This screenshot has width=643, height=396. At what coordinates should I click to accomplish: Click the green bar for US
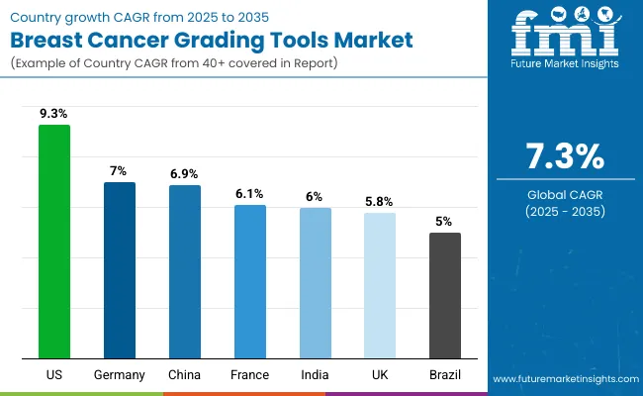(54, 242)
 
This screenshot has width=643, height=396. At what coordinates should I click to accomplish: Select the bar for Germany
(120, 269)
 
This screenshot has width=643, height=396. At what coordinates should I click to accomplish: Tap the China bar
(185, 271)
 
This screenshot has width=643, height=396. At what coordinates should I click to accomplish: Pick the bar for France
(250, 281)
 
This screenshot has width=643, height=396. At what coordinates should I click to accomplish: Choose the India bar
(316, 283)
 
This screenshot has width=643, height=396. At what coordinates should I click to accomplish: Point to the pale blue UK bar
(380, 285)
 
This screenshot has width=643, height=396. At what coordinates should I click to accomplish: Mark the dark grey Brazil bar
(445, 295)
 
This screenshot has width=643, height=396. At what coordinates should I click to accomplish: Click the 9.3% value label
(54, 115)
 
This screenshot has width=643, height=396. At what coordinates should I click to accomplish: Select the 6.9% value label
(185, 174)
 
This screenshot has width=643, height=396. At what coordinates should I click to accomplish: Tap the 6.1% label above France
(250, 194)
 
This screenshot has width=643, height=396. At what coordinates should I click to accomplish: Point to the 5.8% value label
(380, 202)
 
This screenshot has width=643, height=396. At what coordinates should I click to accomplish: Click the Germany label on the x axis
(120, 375)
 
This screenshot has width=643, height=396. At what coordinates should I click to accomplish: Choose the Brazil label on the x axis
(445, 375)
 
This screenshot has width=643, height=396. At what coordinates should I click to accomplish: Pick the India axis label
(316, 375)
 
